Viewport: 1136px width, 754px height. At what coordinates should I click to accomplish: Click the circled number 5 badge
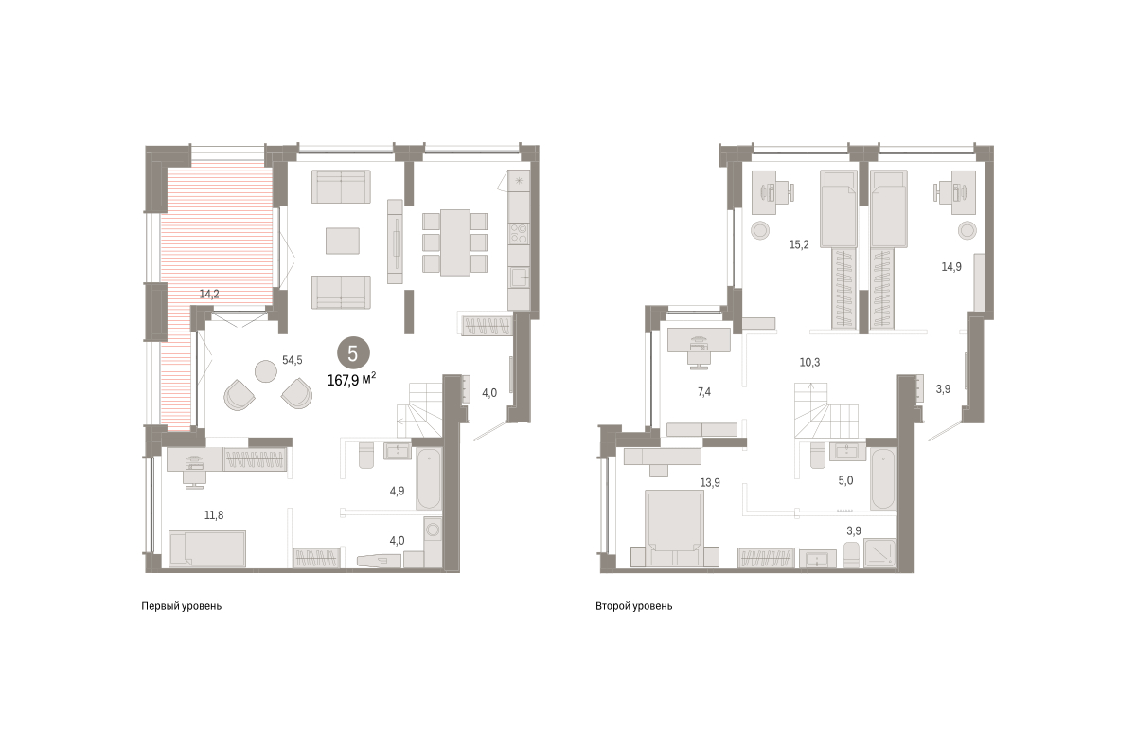click(352, 353)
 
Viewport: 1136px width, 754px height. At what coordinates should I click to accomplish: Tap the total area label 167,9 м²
click(351, 379)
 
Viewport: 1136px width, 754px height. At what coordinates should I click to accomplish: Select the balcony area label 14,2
click(209, 294)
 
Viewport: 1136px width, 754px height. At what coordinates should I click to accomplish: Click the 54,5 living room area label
click(293, 360)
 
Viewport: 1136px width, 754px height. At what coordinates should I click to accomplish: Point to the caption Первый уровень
click(182, 606)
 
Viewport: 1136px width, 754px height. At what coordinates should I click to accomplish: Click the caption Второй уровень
click(634, 606)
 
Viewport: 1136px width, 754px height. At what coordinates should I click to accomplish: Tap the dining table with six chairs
click(455, 242)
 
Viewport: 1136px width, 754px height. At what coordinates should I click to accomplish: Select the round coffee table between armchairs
click(266, 371)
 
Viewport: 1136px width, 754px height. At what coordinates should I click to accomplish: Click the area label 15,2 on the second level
click(799, 244)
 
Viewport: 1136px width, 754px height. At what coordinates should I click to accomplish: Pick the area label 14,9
click(951, 267)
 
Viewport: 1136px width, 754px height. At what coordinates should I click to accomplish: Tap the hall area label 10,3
click(809, 362)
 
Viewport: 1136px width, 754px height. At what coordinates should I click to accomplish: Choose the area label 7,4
click(704, 392)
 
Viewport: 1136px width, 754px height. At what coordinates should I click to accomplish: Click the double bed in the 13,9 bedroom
click(674, 528)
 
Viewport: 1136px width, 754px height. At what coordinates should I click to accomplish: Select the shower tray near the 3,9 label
click(879, 552)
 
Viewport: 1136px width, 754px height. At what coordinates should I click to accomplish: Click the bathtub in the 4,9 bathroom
click(429, 478)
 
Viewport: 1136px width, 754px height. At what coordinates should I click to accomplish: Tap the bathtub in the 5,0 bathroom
click(883, 478)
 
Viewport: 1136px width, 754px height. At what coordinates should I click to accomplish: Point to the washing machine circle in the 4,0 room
click(434, 530)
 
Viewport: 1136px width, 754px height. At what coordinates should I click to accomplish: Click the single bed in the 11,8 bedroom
click(207, 548)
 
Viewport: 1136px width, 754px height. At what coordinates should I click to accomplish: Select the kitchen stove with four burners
click(519, 233)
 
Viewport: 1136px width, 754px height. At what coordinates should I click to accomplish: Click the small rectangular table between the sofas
click(343, 241)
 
